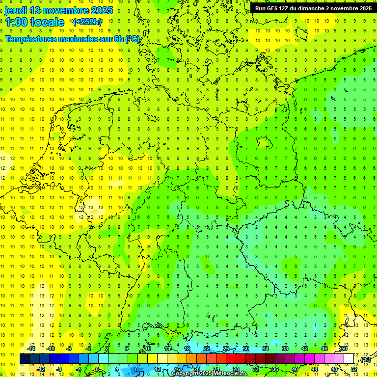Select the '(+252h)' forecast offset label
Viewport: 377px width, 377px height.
point(87,22)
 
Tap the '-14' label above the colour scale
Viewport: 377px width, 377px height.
point(31,349)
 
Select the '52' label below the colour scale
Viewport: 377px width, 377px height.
point(354,369)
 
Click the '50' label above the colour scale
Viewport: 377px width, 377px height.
point(344,349)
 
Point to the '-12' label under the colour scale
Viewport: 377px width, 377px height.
point(41,369)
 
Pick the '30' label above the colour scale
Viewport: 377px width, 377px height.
point(246,349)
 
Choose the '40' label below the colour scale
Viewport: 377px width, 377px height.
point(295,369)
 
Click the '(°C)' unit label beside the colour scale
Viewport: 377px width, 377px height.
point(364,359)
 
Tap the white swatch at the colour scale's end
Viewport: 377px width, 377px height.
point(349,359)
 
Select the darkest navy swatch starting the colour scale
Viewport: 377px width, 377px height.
point(25,359)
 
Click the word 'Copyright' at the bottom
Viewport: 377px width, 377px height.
point(186,374)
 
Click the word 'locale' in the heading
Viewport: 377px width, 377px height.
point(47,22)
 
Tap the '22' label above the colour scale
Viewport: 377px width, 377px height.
point(207,349)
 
